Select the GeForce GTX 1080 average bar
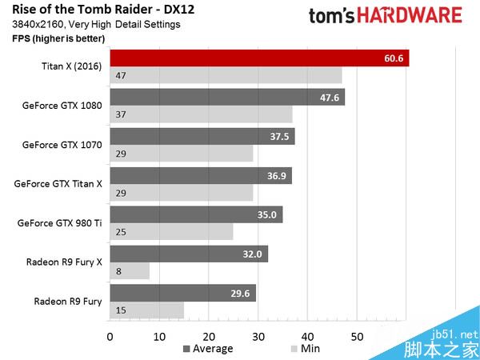(x=226, y=98)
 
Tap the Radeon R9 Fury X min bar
(x=130, y=271)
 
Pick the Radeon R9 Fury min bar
(x=146, y=310)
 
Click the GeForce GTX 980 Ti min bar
(x=171, y=232)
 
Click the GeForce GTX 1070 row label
(x=62, y=145)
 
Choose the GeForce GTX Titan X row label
(x=58, y=183)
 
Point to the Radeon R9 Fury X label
(x=64, y=261)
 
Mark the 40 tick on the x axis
(x=307, y=335)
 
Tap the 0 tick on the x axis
(x=110, y=335)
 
